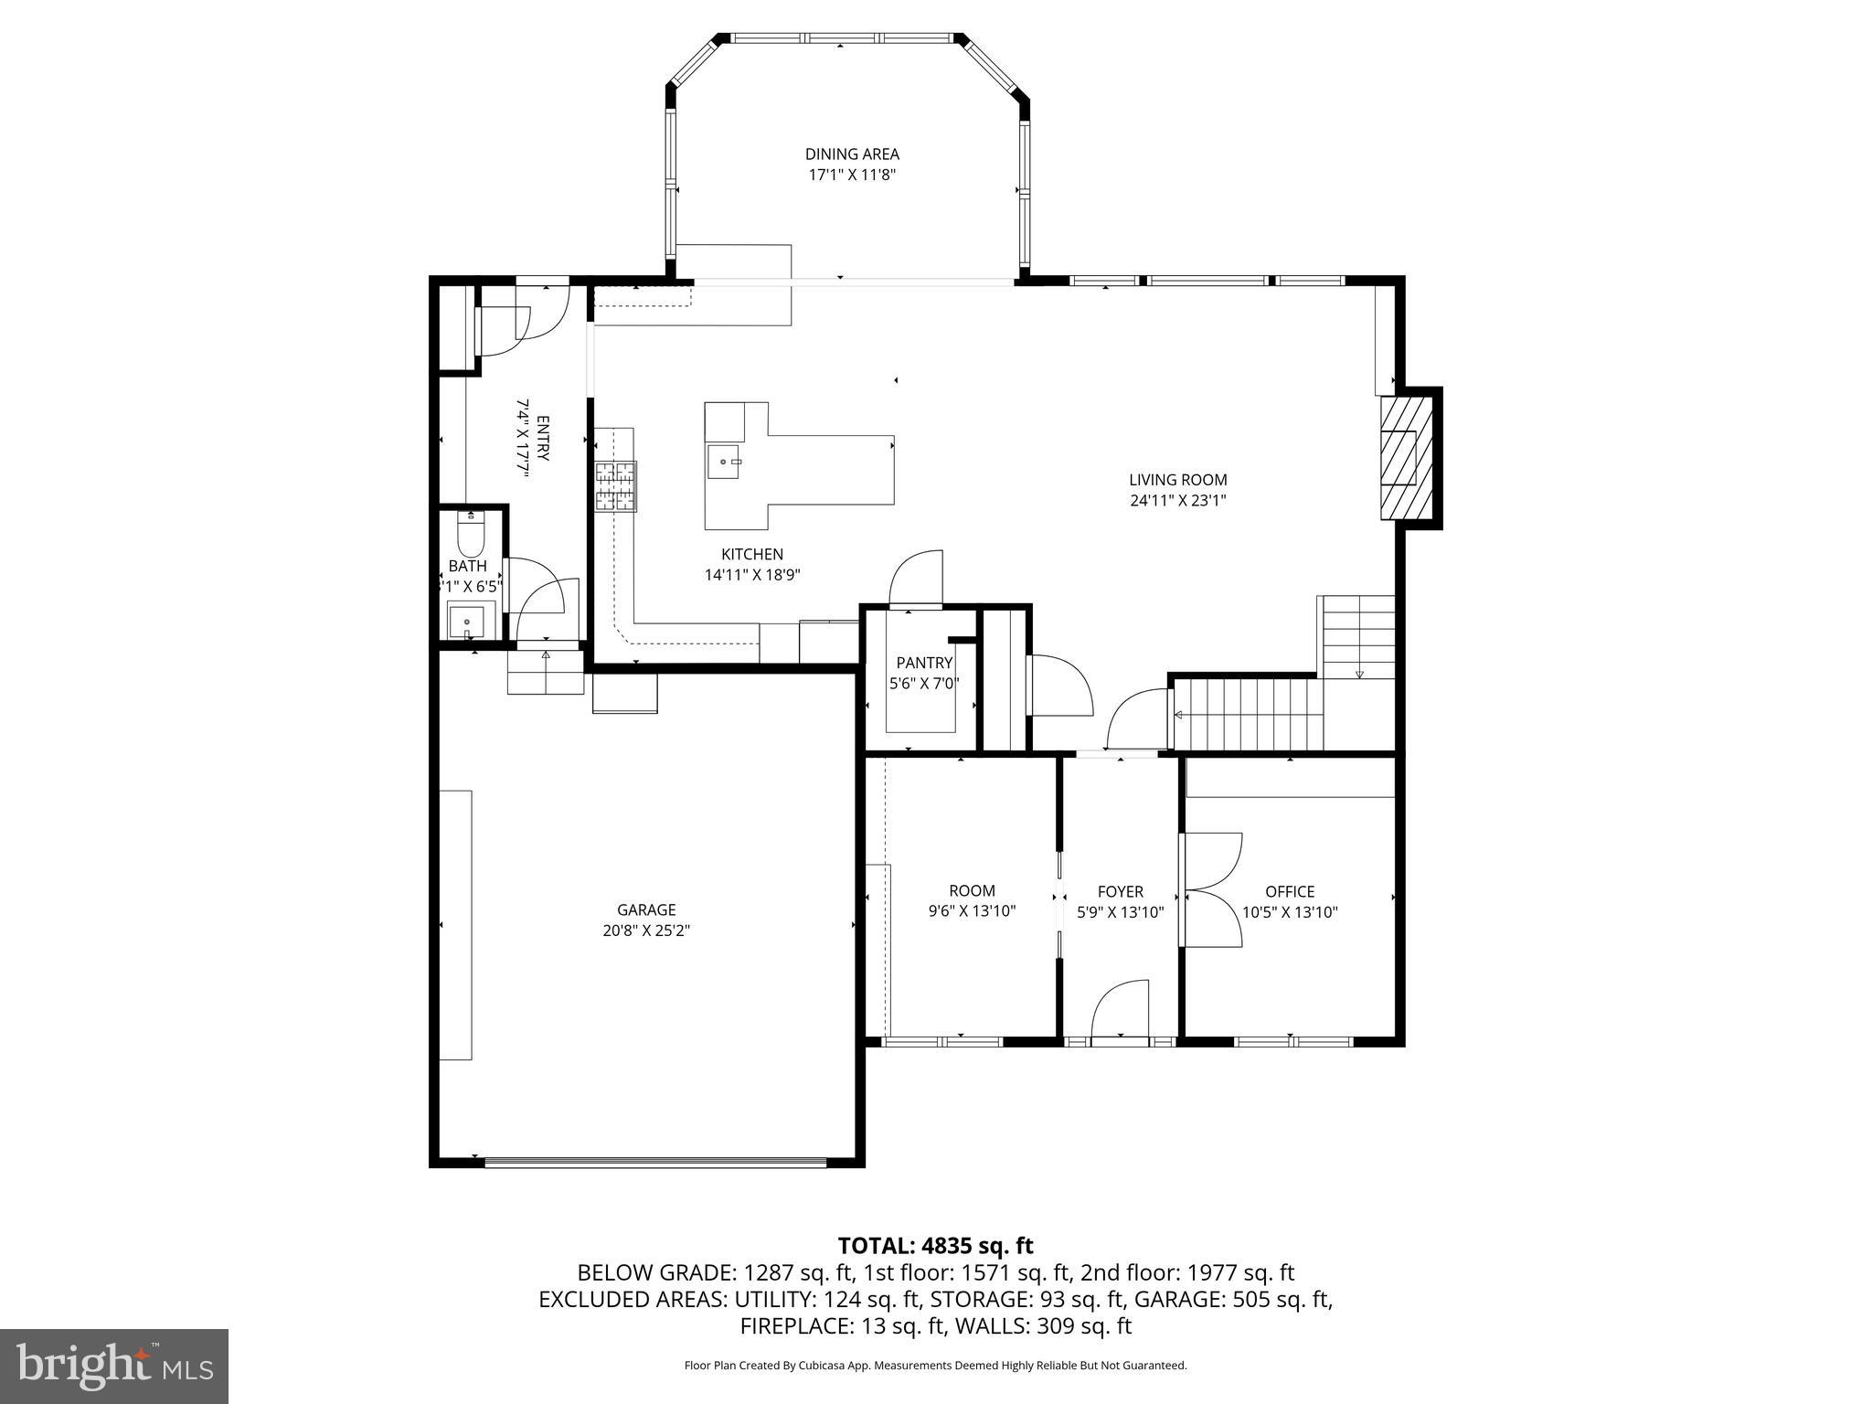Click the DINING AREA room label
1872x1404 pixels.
click(851, 154)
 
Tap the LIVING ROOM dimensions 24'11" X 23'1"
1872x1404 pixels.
click(1177, 501)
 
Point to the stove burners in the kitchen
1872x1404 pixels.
click(615, 486)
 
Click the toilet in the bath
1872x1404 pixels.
click(470, 537)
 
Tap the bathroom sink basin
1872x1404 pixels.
click(468, 622)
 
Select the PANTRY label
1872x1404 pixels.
click(924, 663)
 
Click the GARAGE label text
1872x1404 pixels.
click(646, 909)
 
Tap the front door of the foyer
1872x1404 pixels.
click(1120, 1009)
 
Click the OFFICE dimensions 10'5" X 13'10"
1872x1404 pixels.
click(1290, 912)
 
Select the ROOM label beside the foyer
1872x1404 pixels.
click(972, 890)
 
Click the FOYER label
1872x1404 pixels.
click(1120, 891)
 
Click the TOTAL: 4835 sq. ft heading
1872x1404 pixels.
click(935, 1246)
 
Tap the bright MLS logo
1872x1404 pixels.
click(114, 1367)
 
